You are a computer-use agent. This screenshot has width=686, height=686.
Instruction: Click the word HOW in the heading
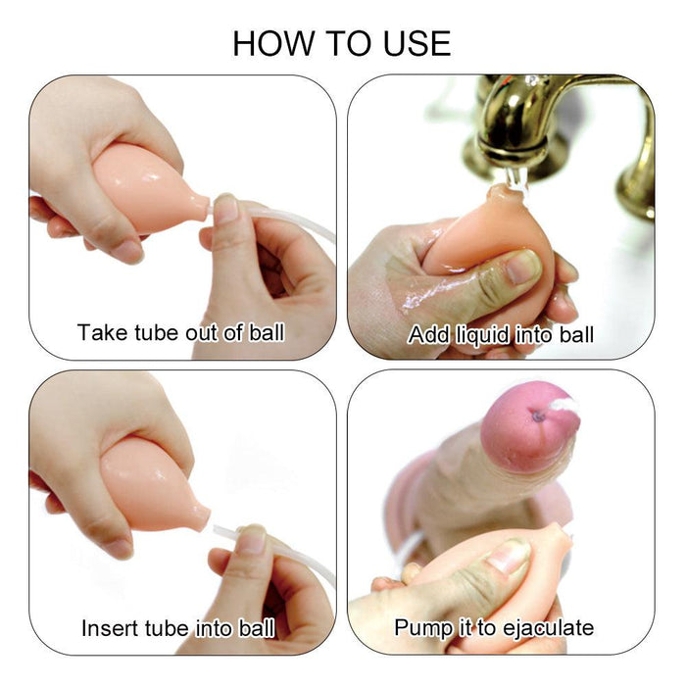(273, 43)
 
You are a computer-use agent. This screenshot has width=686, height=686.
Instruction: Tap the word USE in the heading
(416, 43)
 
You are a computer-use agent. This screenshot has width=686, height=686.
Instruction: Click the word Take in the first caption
(103, 332)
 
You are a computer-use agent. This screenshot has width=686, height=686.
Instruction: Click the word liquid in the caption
(482, 336)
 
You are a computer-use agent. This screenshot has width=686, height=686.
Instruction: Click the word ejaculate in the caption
(549, 628)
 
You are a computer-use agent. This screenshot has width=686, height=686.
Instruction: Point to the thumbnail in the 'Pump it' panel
(509, 555)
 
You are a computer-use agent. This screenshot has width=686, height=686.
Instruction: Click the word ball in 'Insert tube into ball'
(257, 628)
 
